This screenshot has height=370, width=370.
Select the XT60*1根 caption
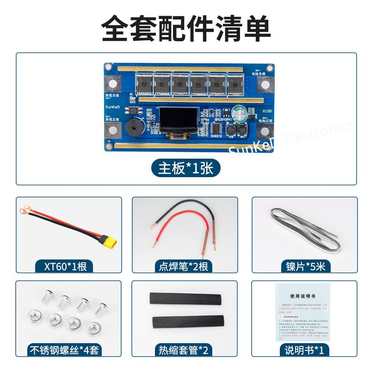(65, 266)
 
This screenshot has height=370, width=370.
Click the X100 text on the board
(266, 111)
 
